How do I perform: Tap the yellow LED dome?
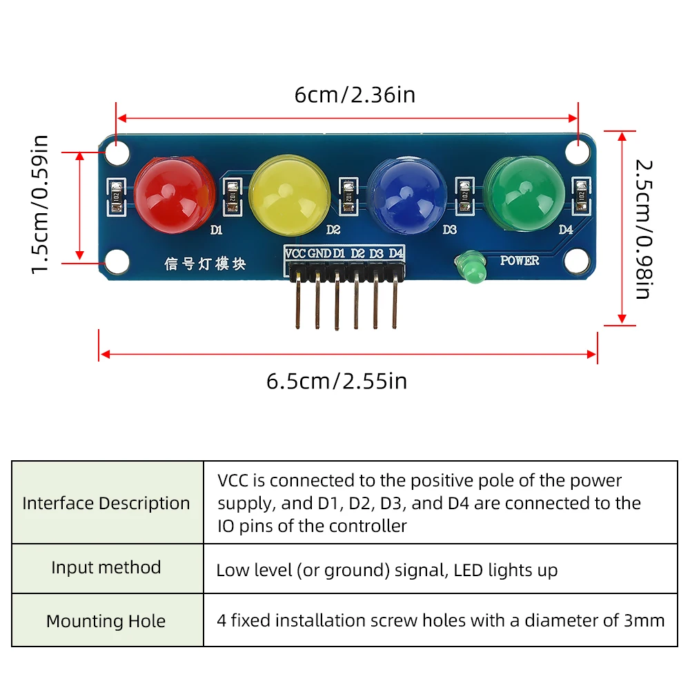[290, 193]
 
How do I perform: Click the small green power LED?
[473, 268]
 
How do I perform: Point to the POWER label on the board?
[519, 261]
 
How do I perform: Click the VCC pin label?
[295, 253]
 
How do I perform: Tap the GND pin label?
[319, 253]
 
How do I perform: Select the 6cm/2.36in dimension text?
[355, 95]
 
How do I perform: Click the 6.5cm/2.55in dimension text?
[337, 381]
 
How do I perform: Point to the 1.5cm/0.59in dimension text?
[41, 204]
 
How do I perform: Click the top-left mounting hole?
[117, 153]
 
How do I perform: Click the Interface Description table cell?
[106, 503]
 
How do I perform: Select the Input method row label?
[106, 568]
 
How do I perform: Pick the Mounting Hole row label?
[106, 621]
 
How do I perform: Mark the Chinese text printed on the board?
[205, 264]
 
